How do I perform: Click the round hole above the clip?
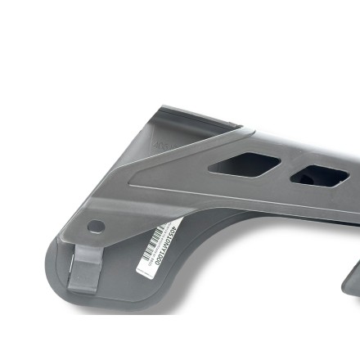97,227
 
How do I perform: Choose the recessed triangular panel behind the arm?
176,139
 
